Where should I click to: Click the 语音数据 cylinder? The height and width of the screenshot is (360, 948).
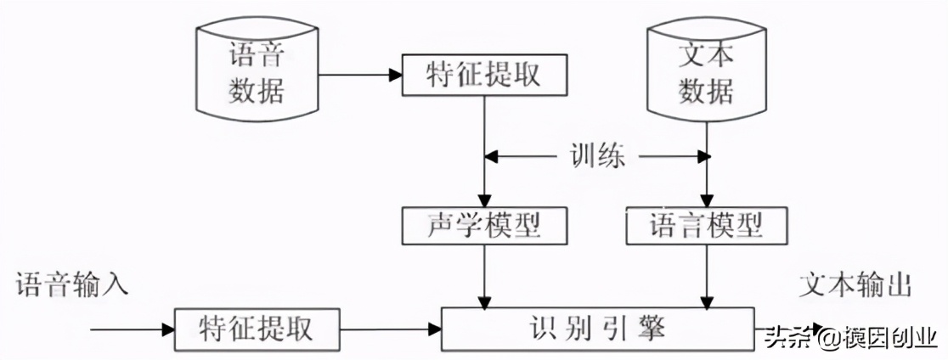(256, 73)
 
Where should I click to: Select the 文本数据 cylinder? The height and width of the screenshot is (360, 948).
(706, 73)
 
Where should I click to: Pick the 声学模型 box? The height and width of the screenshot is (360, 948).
(483, 225)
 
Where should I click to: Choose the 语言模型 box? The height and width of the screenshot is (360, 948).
(706, 225)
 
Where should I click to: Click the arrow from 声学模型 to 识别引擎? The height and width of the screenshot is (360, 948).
(483, 276)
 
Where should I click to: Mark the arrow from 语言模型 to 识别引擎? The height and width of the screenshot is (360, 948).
(706, 276)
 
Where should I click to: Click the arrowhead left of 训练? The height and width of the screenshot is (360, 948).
(492, 156)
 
